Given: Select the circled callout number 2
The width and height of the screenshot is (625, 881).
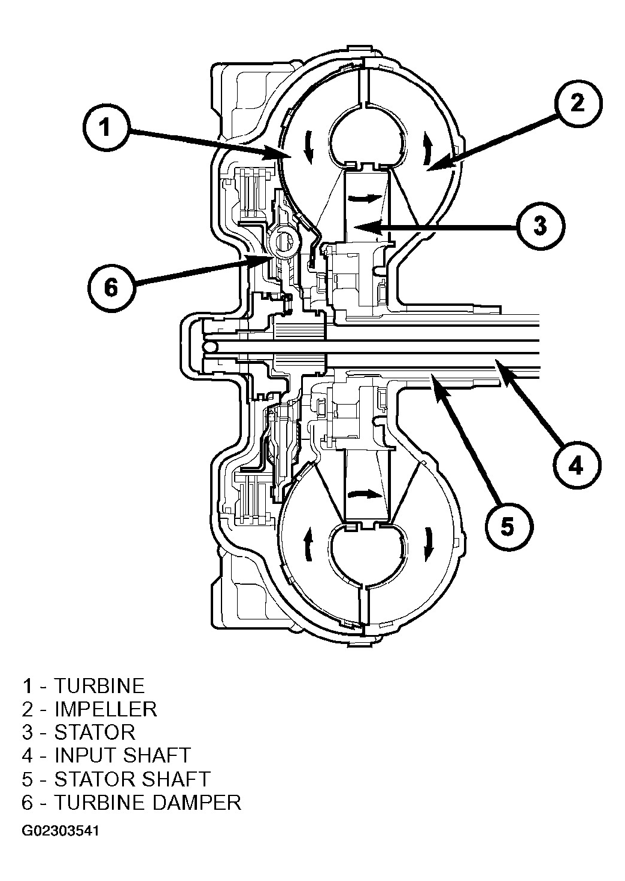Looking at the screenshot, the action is pos(578,103).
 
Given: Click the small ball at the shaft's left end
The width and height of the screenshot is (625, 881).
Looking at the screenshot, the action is pos(211,346).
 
